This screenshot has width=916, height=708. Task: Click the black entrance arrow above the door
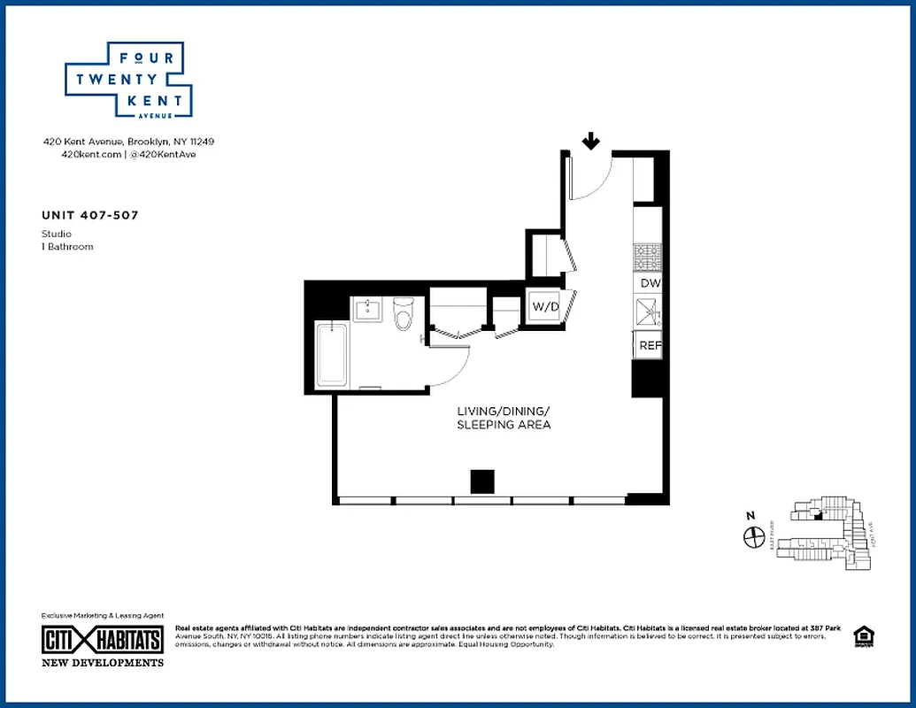(591, 141)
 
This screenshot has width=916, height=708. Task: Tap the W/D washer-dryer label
(545, 307)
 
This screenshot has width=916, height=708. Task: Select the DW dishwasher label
(650, 283)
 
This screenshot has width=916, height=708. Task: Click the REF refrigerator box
(649, 345)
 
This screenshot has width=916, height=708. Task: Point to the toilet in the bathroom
(404, 314)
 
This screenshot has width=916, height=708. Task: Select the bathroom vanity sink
(367, 309)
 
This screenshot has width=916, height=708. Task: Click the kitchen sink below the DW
(647, 312)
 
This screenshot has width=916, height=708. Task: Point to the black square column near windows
(482, 481)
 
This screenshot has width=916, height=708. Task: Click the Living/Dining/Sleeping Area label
(504, 418)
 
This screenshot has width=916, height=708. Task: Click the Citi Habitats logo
(103, 640)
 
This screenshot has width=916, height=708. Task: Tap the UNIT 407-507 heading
(89, 215)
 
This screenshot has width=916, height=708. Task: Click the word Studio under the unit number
(57, 234)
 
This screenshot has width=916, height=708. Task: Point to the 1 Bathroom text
(67, 246)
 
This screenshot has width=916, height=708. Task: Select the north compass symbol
(753, 537)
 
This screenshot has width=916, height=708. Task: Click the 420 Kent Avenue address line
(129, 142)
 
